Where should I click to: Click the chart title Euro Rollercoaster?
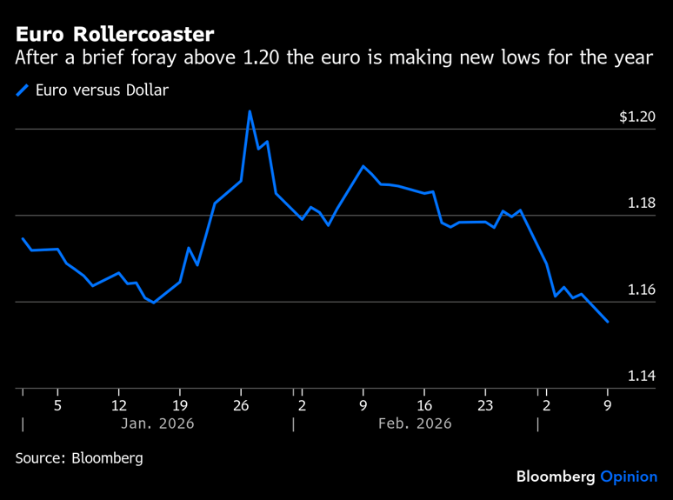(114, 34)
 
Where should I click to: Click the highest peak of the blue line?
(250, 111)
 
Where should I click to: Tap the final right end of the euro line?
(607, 322)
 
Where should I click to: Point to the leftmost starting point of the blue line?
(23, 238)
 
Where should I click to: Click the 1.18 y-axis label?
(642, 203)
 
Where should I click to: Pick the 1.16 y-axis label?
(642, 290)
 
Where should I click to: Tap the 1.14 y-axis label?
(642, 376)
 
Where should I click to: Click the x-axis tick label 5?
(57, 405)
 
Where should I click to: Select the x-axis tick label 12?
(118, 405)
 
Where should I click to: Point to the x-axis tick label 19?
(179, 405)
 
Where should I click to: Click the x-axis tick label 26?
(241, 405)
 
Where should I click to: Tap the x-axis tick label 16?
(424, 405)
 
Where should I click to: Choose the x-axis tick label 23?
(485, 405)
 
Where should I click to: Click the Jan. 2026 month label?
(157, 424)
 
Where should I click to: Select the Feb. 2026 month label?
(416, 424)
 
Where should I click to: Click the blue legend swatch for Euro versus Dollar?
(23, 90)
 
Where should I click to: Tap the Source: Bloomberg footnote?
(79, 457)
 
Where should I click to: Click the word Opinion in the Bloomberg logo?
(629, 477)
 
